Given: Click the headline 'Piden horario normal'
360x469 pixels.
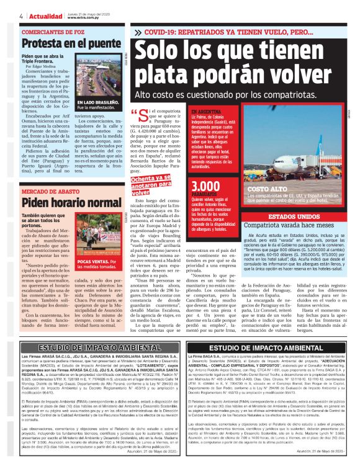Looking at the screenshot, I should tap(63, 202).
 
